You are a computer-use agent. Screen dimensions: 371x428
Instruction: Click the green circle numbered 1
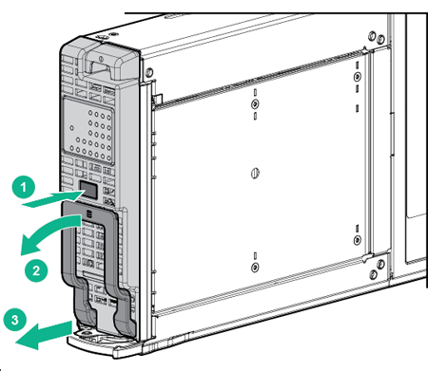click(29, 188)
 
